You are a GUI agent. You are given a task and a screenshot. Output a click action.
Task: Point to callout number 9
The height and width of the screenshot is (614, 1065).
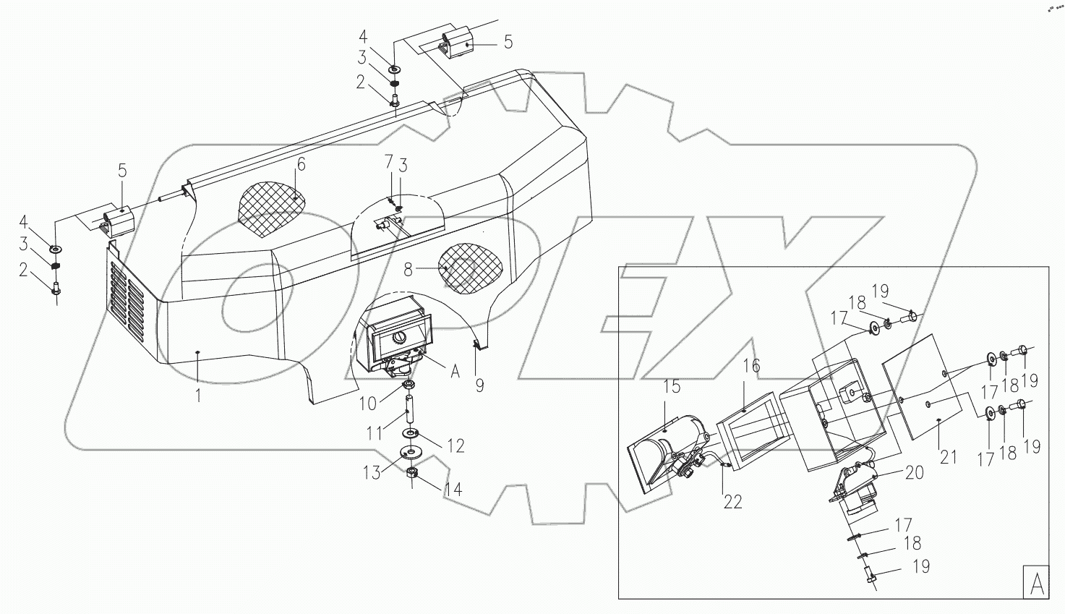pos(479,386)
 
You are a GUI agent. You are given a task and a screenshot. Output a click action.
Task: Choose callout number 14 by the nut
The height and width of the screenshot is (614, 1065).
pos(453,489)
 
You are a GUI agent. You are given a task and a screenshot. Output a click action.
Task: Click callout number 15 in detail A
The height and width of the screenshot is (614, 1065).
pos(672,387)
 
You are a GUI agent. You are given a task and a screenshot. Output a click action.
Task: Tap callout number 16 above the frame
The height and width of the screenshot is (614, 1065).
pos(751,367)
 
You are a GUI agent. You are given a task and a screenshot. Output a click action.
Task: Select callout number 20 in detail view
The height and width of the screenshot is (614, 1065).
pos(914,472)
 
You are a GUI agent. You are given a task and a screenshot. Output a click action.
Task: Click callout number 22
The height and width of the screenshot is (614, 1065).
pos(732,501)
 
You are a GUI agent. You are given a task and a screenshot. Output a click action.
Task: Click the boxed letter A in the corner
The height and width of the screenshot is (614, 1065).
pos(1035,582)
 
